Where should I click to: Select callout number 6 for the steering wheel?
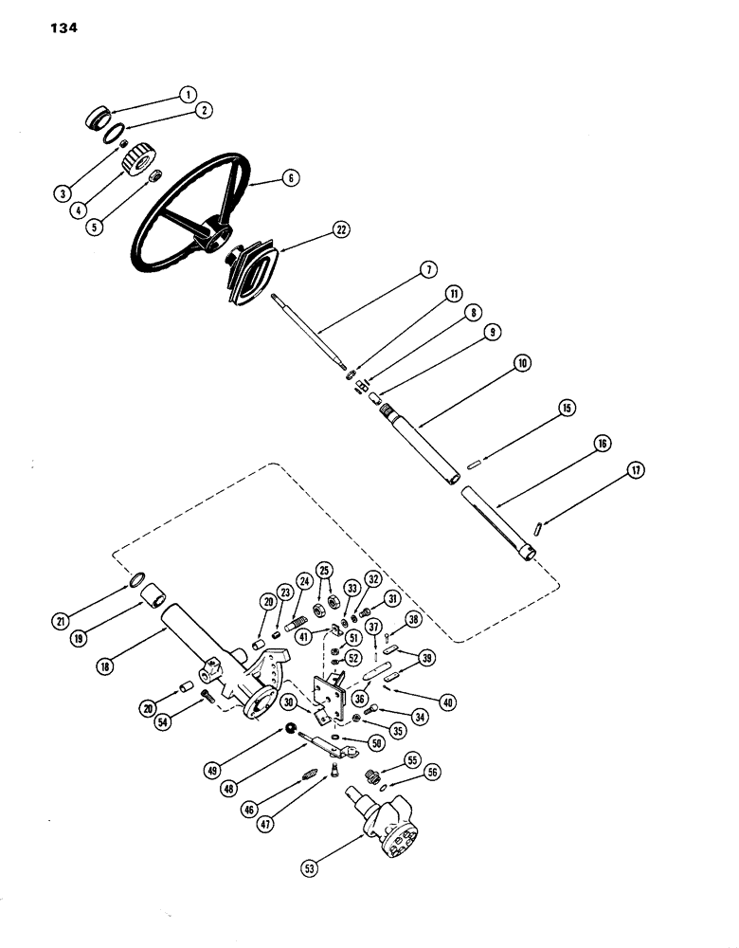[x=264, y=176]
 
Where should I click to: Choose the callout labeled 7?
[x=427, y=270]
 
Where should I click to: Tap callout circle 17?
[x=634, y=468]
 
